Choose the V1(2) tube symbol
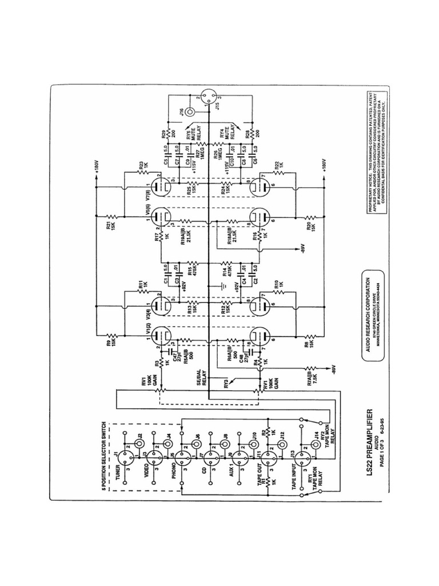[x=162, y=334]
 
